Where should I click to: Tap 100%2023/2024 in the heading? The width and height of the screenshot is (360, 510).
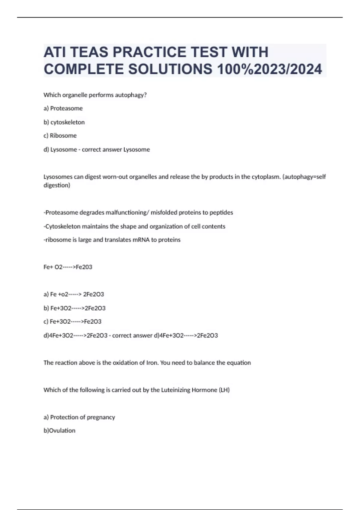269,69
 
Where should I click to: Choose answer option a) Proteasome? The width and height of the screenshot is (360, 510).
63,108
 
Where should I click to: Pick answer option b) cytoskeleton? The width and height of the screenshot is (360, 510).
64,122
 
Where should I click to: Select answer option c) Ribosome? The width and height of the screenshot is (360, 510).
60,136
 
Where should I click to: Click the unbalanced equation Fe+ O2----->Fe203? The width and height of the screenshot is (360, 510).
68,267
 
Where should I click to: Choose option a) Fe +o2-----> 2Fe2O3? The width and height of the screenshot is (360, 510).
74,294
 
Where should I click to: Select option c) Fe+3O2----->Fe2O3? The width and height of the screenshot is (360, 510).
72,322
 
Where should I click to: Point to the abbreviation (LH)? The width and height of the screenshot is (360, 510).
224,390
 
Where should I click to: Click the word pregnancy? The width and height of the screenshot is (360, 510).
101,417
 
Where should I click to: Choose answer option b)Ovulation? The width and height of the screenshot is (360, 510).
59,430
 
